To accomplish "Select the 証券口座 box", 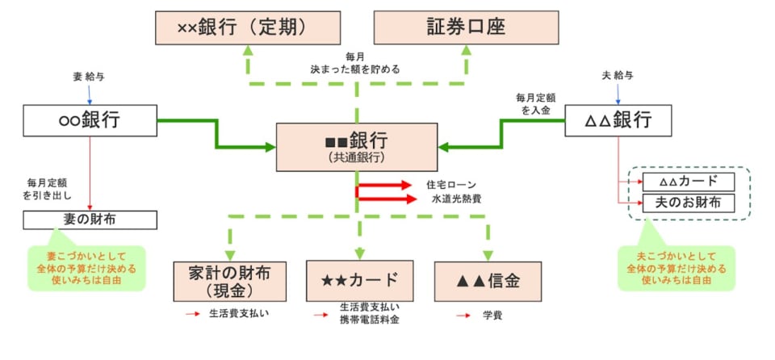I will (x=466, y=27).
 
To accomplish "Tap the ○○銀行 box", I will (x=90, y=121).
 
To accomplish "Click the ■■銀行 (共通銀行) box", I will (x=357, y=146).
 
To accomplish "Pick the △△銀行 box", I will (x=618, y=121).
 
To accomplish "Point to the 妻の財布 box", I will (x=90, y=220).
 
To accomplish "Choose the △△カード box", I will (x=689, y=182).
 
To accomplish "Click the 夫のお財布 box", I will (x=689, y=202).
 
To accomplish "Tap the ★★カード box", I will (x=359, y=281).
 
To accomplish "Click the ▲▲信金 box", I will (x=488, y=281).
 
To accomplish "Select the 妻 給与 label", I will (x=89, y=77).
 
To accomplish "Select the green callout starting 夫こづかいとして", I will (x=676, y=268).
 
